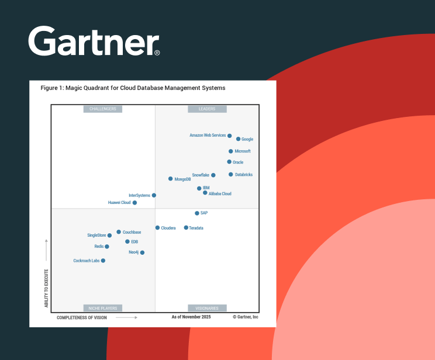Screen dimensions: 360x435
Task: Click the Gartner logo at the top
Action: click(94, 41)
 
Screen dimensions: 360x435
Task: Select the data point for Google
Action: click(239, 139)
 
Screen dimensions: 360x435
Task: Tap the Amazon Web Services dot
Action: click(230, 136)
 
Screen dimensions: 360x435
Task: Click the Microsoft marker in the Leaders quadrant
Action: click(231, 151)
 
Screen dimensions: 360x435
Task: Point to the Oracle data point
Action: click(229, 162)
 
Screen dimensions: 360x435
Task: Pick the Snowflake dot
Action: click(213, 175)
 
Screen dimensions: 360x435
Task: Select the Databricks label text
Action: click(244, 175)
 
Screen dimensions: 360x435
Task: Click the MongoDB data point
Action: click(171, 179)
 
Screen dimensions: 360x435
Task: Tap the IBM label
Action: click(206, 188)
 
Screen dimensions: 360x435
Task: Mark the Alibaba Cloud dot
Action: click(205, 193)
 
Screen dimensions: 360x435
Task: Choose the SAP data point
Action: click(197, 213)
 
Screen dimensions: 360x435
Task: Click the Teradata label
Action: click(196, 228)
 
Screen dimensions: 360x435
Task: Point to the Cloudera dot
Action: click(157, 228)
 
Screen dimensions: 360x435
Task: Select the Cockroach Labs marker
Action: click(103, 261)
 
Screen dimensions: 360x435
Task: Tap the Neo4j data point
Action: click(142, 252)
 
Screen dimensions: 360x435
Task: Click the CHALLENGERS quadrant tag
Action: click(103, 109)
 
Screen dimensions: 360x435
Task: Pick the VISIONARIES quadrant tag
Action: click(207, 308)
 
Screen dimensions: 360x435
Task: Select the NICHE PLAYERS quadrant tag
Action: click(103, 308)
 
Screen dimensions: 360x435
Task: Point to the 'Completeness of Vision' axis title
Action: click(82, 317)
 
